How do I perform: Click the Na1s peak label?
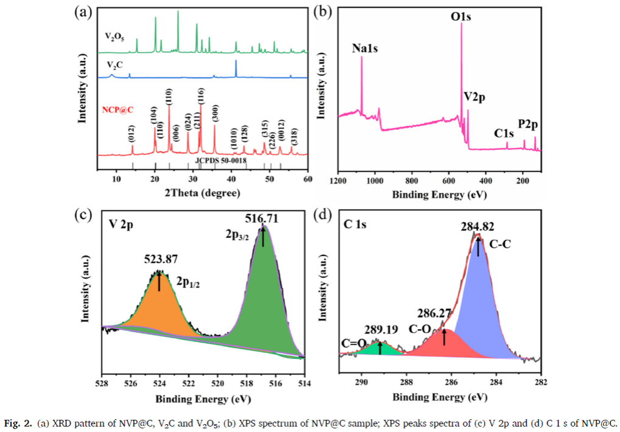pos(365,48)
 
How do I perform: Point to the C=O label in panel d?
pos(353,343)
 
